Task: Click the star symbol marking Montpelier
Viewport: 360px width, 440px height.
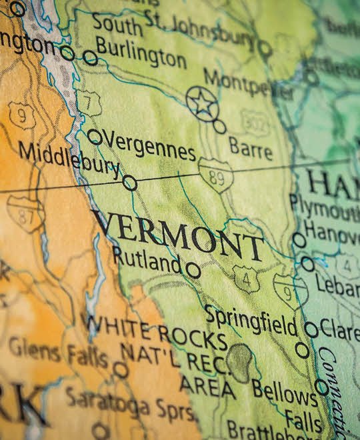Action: click(201, 103)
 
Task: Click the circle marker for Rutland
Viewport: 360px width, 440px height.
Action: click(193, 270)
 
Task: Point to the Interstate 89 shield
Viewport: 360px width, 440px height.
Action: click(215, 175)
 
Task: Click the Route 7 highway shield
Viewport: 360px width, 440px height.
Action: click(88, 102)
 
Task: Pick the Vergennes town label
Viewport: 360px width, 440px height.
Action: click(150, 147)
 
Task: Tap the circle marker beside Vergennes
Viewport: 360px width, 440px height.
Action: click(95, 137)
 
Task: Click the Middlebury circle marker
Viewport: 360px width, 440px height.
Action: click(130, 183)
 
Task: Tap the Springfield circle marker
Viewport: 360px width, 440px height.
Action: click(311, 329)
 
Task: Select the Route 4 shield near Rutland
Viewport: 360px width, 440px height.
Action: click(246, 279)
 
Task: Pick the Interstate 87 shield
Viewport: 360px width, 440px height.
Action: click(25, 213)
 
